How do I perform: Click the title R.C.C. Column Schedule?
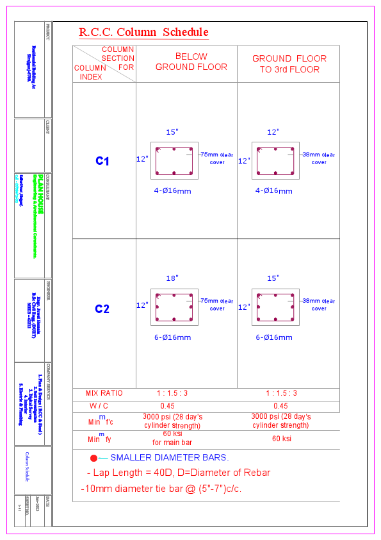[143, 32]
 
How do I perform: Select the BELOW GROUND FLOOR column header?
[191, 62]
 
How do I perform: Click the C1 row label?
[102, 162]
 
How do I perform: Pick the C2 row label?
[102, 309]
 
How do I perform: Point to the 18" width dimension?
[172, 279]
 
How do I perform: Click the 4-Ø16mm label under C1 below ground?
[173, 190]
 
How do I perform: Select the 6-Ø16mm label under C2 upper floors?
[274, 337]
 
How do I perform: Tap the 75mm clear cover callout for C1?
[217, 158]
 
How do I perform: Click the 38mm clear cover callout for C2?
[319, 304]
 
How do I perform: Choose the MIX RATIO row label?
[104, 393]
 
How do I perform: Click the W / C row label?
[104, 406]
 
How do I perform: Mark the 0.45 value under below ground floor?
[167, 406]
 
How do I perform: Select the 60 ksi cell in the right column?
[281, 439]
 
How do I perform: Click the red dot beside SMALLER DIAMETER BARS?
[93, 458]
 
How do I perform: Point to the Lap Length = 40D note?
[178, 473]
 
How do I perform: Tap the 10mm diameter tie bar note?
[161, 489]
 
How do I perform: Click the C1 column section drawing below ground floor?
[172, 160]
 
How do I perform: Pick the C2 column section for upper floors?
[274, 307]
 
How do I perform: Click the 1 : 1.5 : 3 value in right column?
[281, 393]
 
